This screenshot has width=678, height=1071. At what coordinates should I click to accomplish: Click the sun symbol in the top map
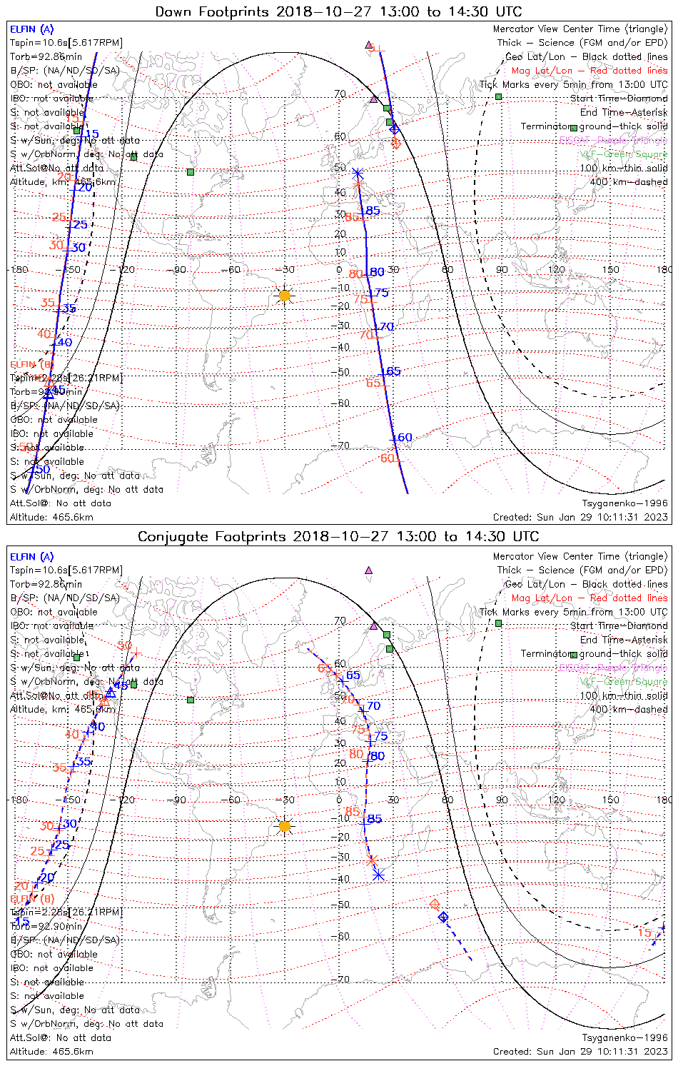pos(285,295)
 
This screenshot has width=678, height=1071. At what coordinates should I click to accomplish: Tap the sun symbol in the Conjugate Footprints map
pos(285,826)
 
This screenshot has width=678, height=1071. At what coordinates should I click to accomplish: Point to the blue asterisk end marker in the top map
pos(358,174)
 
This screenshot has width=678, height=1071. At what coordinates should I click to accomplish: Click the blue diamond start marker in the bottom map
pos(443,917)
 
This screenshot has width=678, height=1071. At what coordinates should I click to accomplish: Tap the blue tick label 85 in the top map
pos(373,211)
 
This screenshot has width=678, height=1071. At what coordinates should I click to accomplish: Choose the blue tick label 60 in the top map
pos(405,438)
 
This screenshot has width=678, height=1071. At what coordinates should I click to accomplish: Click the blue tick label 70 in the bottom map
pos(373,706)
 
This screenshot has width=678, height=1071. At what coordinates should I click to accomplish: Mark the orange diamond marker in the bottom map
pos(435,905)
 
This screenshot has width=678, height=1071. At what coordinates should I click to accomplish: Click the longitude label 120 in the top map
pos(556,269)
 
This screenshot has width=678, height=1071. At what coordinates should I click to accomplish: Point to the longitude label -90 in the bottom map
pos(178,800)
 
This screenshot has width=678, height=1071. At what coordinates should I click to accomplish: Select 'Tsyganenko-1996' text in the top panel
pos(624,503)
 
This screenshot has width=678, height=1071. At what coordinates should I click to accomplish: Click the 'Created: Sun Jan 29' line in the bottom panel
pos(580,1051)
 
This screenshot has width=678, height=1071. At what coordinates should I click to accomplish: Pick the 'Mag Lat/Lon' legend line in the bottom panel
pos(589,598)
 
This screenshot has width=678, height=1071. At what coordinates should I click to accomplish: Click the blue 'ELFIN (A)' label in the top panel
pos(31,29)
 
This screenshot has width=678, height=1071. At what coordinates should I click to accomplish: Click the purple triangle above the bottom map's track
pos(368,570)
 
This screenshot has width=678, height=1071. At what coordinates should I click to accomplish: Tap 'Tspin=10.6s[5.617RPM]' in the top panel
pos(66,43)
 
